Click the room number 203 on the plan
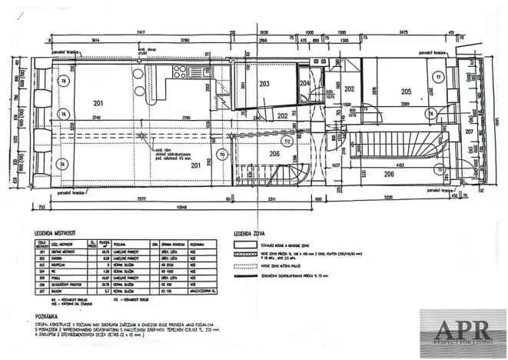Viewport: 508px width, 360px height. (264, 84)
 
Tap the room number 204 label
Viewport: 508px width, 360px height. (304, 83)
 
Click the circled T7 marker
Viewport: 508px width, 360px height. (438, 78)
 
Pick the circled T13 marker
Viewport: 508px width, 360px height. (222, 154)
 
